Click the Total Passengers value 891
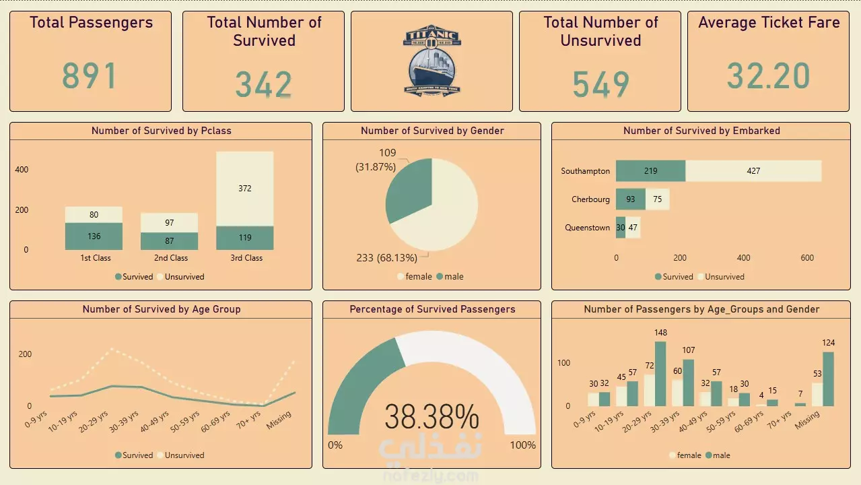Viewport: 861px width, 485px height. click(90, 75)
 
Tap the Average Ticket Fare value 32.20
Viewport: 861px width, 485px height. click(768, 75)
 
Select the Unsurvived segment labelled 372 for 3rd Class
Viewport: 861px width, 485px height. click(245, 189)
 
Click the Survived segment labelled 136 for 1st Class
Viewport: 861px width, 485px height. click(94, 236)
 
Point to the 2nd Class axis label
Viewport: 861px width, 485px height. click(170, 258)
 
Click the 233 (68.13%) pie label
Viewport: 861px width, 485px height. click(386, 258)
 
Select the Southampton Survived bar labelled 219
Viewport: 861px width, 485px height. click(650, 171)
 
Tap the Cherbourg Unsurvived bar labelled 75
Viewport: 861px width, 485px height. click(657, 199)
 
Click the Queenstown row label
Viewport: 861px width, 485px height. click(587, 228)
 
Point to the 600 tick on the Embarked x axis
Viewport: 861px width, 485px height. click(807, 258)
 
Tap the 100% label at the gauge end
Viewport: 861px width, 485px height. click(523, 445)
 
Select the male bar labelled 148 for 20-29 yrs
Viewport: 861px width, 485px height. click(660, 374)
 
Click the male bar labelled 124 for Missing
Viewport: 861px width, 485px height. click(828, 379)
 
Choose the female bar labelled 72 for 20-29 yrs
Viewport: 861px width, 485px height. click(648, 390)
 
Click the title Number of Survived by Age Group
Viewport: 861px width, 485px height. click(161, 309)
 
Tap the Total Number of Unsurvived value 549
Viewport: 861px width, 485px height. click(600, 85)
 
